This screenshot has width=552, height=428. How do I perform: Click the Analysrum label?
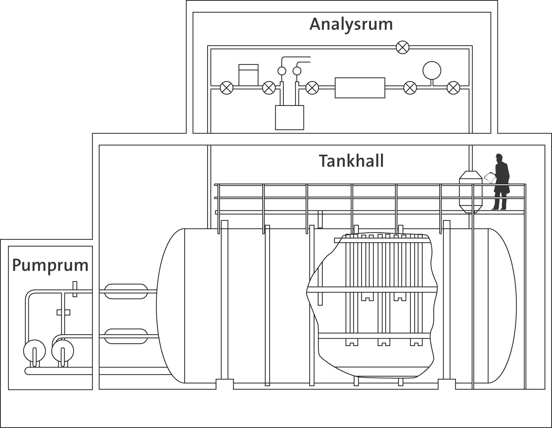click(351, 24)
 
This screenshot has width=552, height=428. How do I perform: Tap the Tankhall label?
click(351, 161)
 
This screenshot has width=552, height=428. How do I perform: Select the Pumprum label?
click(50, 265)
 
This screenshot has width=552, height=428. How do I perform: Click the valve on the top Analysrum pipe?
click(402, 47)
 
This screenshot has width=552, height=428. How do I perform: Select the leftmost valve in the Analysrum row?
click(226, 88)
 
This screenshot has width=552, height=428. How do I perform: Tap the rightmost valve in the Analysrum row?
click(453, 88)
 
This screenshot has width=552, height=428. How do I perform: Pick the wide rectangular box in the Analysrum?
click(360, 88)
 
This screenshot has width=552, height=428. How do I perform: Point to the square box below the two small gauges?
click(289, 117)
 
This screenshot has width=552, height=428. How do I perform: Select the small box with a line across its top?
click(248, 75)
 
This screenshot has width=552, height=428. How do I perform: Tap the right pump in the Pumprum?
click(63, 350)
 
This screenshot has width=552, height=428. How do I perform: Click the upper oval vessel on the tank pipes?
click(126, 291)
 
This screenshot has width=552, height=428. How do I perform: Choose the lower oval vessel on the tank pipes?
click(126, 336)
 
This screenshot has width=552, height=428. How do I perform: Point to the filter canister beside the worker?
click(471, 192)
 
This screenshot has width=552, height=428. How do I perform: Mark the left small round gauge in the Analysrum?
click(282, 71)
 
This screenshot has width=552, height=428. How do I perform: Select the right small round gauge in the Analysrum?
click(297, 71)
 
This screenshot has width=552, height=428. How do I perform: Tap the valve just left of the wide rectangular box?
click(312, 88)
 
